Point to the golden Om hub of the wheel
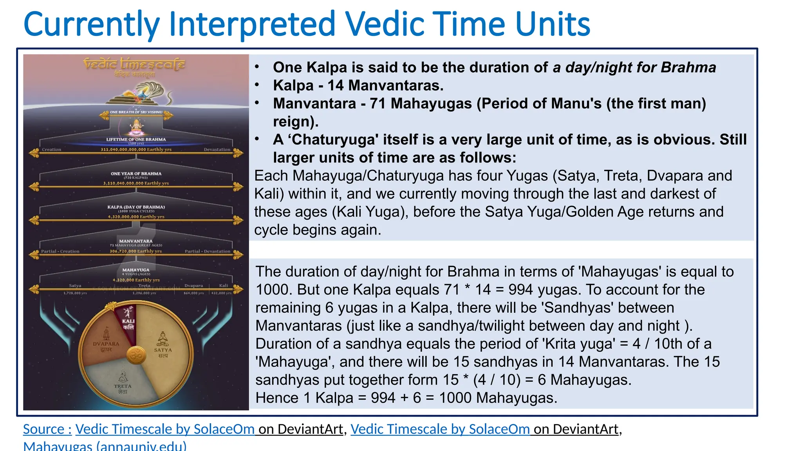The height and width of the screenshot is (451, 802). (x=136, y=355)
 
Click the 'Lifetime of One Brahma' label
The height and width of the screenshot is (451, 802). (x=136, y=139)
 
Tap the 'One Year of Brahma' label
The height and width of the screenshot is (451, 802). (x=136, y=173)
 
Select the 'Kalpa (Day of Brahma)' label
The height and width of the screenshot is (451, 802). (x=136, y=207)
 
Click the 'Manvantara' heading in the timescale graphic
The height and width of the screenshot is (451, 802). (x=136, y=241)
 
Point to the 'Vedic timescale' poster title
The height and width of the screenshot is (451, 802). (x=134, y=63)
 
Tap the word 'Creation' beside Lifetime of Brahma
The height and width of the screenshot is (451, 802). (x=52, y=150)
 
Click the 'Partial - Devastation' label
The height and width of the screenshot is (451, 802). (x=208, y=251)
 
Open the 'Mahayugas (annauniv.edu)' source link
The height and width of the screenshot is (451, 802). (x=105, y=446)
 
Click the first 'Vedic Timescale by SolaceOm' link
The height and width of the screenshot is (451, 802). (x=165, y=429)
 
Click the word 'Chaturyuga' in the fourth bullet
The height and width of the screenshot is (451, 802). (x=336, y=140)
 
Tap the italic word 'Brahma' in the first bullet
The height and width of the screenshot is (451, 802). (x=688, y=67)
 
